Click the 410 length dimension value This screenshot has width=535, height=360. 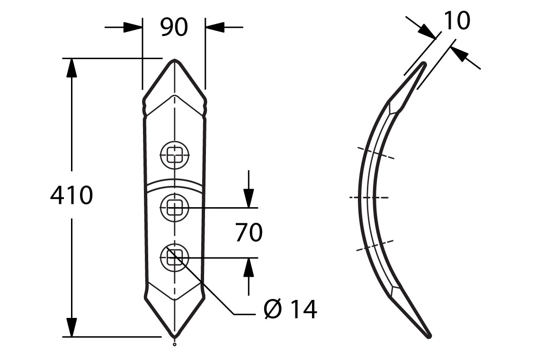click(x=71, y=195)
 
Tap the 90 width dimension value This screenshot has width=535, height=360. click(x=174, y=27)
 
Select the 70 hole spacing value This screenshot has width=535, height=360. click(x=249, y=232)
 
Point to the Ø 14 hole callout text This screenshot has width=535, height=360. click(x=291, y=309)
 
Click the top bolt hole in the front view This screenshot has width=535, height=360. click(x=174, y=156)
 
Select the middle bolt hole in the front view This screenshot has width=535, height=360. click(x=174, y=208)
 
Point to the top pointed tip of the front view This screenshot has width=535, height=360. click(x=175, y=60)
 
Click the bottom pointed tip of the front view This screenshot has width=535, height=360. click(x=175, y=337)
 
